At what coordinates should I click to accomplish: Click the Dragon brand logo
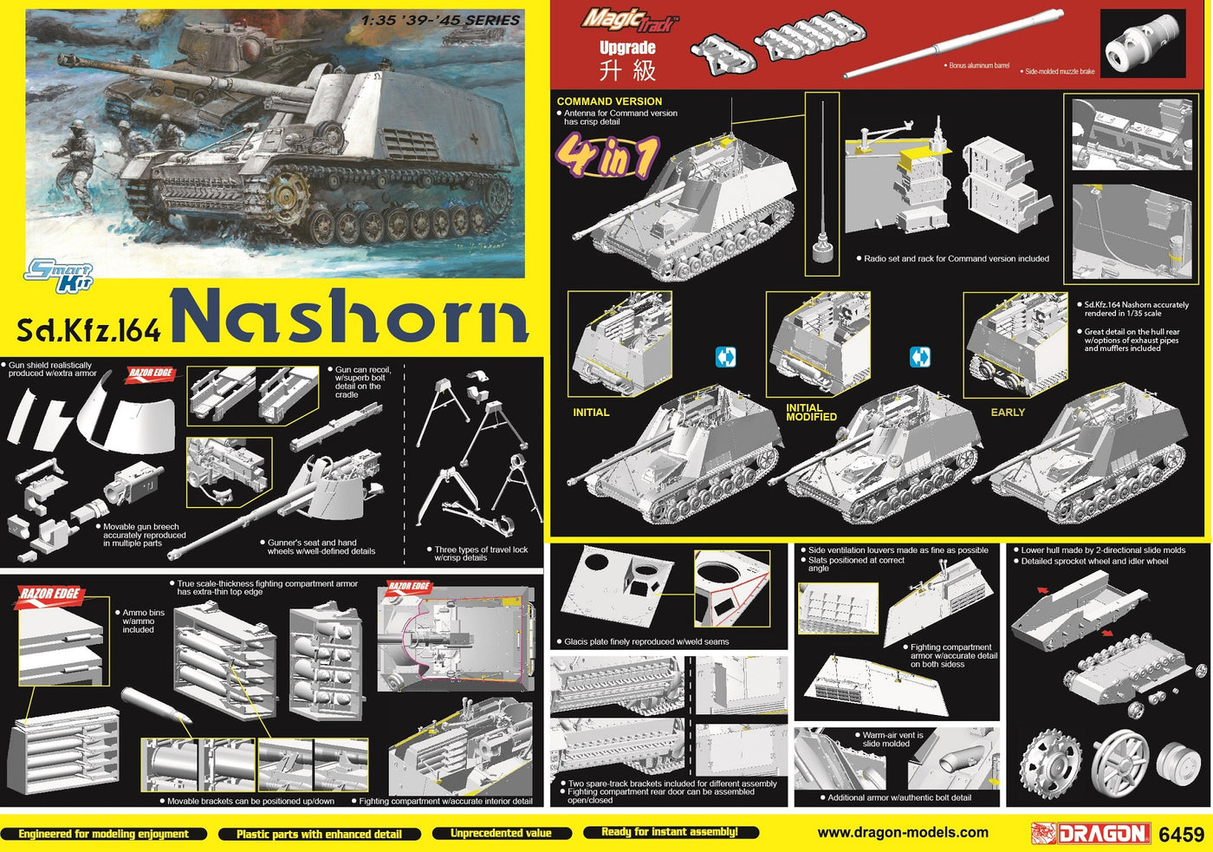(1091, 834)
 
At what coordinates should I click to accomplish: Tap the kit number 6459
(1182, 835)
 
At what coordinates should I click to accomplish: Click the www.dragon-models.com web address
(903, 833)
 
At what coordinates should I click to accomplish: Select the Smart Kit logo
(60, 276)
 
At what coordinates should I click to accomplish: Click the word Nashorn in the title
(350, 315)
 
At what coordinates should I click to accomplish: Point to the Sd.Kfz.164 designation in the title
(88, 330)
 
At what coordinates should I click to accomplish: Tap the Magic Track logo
(631, 21)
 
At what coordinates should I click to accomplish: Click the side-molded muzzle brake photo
(1143, 43)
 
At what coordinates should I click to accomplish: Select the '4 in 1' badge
(607, 157)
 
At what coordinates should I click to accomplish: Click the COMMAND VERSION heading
(609, 101)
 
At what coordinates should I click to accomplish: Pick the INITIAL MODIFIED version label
(811, 413)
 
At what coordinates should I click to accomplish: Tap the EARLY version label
(1008, 413)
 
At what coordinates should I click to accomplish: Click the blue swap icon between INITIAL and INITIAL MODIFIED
(726, 357)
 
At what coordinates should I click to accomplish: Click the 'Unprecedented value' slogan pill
(502, 833)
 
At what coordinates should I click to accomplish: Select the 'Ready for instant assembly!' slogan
(670, 832)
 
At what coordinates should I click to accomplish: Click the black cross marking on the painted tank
(475, 140)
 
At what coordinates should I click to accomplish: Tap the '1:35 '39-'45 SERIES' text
(440, 21)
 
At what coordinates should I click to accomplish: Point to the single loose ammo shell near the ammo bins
(156, 706)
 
